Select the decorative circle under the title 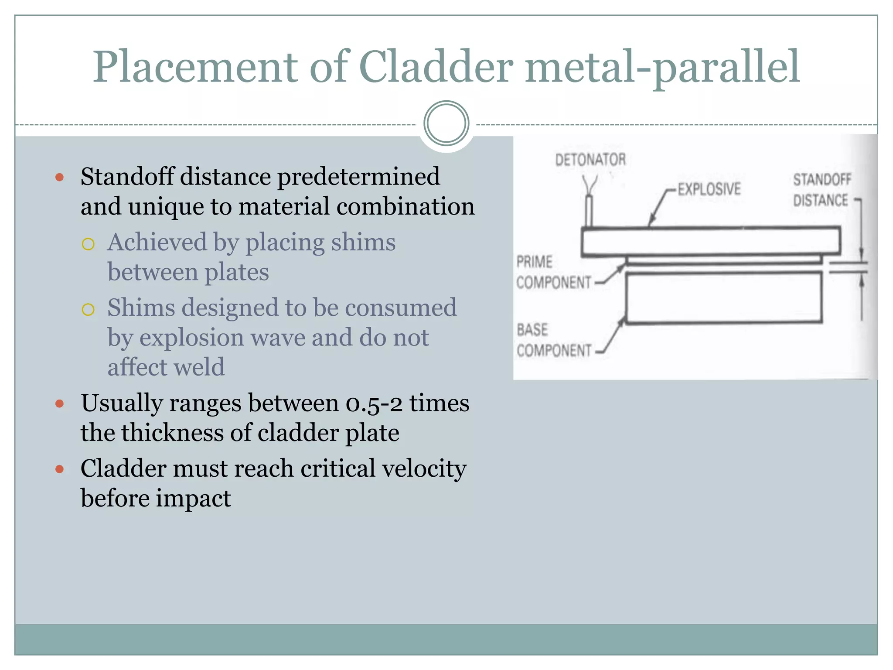click(446, 123)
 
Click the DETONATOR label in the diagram click(590, 160)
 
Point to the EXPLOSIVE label click(709, 189)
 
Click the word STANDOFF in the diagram click(822, 179)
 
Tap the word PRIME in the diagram click(534, 262)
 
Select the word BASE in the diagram click(532, 330)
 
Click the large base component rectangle click(724, 297)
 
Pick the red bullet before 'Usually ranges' click(60, 403)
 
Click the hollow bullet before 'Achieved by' click(88, 244)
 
